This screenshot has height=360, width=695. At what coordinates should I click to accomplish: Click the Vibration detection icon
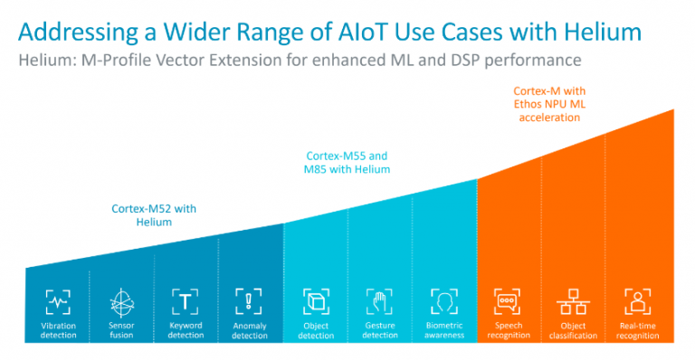[x=58, y=301]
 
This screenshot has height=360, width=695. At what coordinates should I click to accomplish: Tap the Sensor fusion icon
[x=121, y=301]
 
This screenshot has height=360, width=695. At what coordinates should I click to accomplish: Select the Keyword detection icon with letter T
[x=186, y=301]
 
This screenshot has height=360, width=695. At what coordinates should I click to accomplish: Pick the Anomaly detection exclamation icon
[x=249, y=301]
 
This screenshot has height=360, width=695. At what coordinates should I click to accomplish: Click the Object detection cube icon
[x=316, y=301]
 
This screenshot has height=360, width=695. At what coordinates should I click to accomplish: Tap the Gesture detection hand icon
[x=380, y=301]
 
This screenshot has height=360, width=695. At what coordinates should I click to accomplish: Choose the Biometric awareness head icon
[x=443, y=301]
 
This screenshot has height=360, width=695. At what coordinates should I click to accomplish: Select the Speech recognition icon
[x=508, y=301]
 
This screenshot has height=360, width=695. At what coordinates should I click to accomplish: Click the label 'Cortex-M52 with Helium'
[x=154, y=214]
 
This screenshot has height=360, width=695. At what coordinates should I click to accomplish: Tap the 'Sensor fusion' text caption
[x=121, y=330]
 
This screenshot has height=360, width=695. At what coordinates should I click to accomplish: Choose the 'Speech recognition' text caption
[x=508, y=330]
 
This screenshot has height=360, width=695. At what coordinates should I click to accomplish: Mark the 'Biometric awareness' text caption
[x=443, y=330]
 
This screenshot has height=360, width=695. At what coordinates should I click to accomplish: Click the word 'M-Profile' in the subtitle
[x=118, y=61]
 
